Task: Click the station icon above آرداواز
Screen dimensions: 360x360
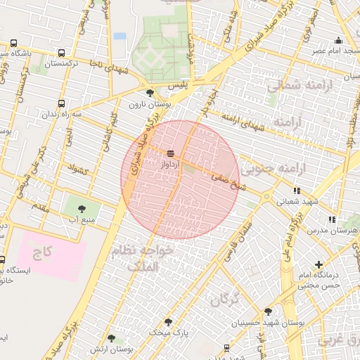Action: click(x=171, y=152)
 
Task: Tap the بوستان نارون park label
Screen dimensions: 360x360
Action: click(x=146, y=104)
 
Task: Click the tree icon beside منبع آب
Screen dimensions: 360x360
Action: click(x=82, y=208)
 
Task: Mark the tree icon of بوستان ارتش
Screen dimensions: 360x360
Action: click(x=112, y=339)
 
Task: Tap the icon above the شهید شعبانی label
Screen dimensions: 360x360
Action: click(x=297, y=191)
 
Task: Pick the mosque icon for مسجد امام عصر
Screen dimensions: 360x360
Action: click(x=339, y=41)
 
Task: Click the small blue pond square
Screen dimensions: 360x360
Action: click(x=120, y=35)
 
